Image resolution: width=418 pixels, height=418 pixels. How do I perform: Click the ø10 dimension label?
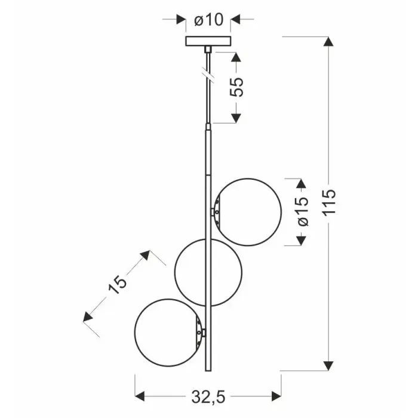click(208, 20)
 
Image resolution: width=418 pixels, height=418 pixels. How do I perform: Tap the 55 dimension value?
click(237, 87)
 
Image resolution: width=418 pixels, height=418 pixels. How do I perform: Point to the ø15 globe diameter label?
click(303, 211)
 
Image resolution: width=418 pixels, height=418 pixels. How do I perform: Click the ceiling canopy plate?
click(208, 41)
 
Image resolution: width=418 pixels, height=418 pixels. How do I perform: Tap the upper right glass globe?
click(247, 212)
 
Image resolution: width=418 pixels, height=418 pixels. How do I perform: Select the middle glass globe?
click(208, 273)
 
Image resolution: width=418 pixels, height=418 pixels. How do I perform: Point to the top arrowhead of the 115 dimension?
click(328, 43)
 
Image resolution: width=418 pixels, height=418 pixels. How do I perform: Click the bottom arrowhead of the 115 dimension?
click(328, 365)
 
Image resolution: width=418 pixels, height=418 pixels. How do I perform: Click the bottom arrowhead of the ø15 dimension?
click(302, 240)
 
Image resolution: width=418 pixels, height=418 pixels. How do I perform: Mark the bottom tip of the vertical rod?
click(208, 369)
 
